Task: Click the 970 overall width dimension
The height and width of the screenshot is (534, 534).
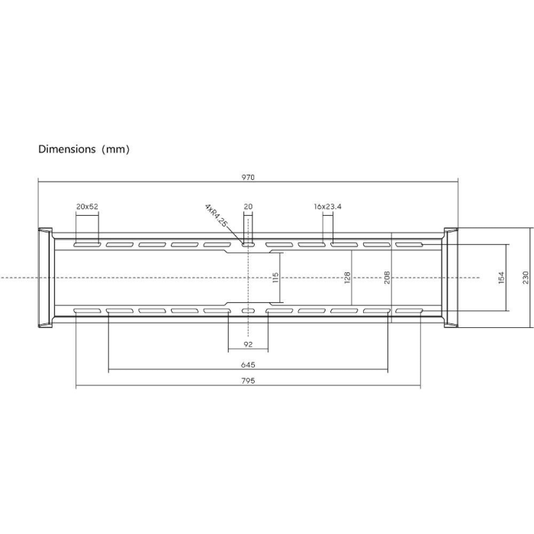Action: click(x=248, y=178)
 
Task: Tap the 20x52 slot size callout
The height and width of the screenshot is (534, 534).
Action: click(x=87, y=207)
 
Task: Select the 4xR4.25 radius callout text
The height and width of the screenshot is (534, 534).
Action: click(x=216, y=215)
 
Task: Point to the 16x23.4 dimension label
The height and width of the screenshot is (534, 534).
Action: click(x=327, y=207)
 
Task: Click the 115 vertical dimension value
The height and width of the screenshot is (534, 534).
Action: click(x=276, y=278)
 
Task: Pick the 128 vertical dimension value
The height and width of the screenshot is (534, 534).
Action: click(x=347, y=278)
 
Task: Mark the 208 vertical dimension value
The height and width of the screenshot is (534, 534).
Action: click(x=387, y=278)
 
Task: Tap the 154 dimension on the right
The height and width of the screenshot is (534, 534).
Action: click(x=501, y=278)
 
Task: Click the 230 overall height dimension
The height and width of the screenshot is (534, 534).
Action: click(x=526, y=278)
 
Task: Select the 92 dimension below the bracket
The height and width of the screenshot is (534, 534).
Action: click(x=248, y=344)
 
